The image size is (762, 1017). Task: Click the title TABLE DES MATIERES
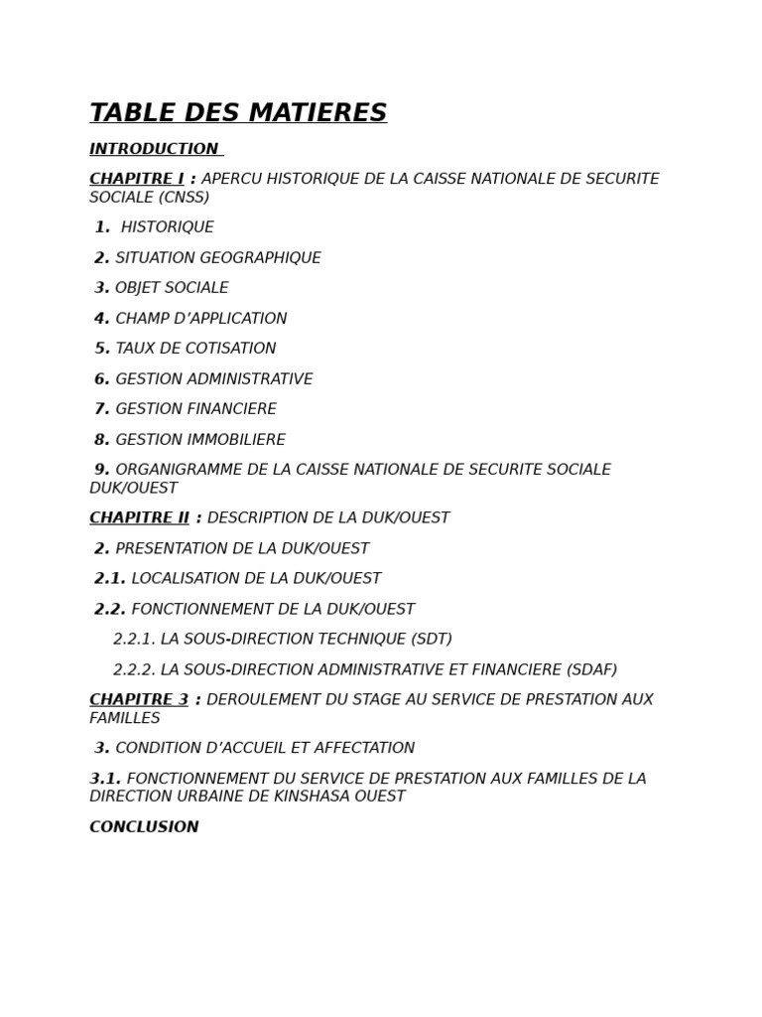click(238, 113)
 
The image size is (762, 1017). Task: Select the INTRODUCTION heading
click(154, 149)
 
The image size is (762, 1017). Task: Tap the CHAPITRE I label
click(136, 179)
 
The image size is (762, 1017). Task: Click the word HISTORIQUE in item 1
click(167, 227)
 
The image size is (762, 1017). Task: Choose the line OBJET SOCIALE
click(171, 288)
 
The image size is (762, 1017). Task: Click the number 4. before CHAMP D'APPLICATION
click(101, 319)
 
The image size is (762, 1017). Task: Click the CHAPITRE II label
click(139, 518)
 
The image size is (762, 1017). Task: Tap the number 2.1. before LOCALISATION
click(110, 579)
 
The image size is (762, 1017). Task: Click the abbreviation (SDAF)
click(591, 670)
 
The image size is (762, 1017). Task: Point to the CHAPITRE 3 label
click(139, 700)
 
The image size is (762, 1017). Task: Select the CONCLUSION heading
click(144, 827)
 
